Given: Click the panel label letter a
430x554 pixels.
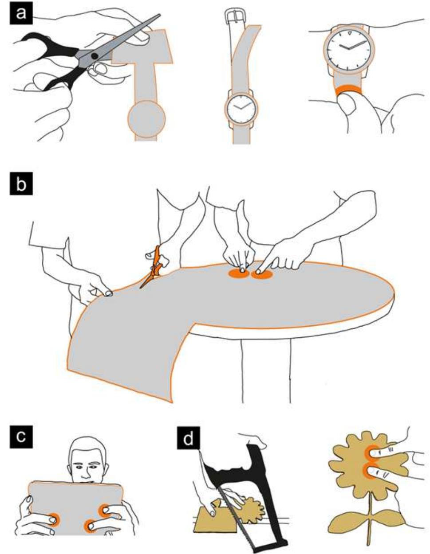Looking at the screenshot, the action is pyautogui.click(x=21, y=13).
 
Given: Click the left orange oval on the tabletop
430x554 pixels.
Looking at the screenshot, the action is pyautogui.click(x=239, y=273).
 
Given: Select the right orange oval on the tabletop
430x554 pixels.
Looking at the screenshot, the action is pyautogui.click(x=262, y=274).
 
